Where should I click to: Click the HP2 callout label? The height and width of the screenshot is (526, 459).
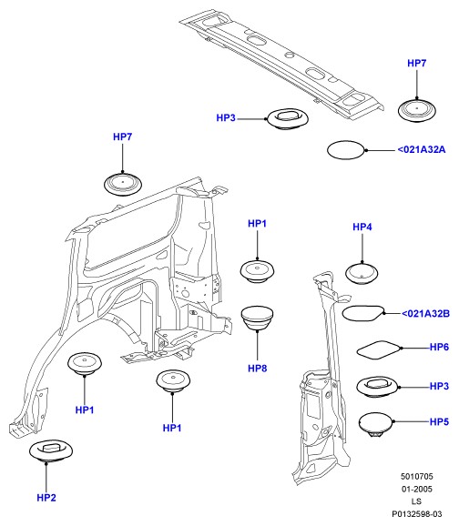[46, 498]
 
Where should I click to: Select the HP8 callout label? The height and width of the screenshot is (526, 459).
[257, 369]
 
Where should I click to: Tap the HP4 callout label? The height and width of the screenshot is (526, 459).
[362, 228]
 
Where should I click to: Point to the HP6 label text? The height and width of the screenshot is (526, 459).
[439, 347]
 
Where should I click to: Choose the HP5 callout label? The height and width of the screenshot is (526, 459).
[439, 421]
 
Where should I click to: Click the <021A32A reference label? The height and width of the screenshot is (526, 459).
[422, 149]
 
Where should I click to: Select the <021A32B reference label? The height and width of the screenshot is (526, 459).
[425, 314]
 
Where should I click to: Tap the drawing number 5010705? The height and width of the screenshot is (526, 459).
[417, 476]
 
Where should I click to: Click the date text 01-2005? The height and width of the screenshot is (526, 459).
[417, 489]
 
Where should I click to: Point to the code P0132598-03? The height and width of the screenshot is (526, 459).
[417, 514]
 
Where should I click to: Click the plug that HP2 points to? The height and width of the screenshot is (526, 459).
[51, 450]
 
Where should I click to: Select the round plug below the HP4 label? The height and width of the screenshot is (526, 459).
[362, 274]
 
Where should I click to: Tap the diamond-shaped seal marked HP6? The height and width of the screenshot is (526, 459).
[379, 350]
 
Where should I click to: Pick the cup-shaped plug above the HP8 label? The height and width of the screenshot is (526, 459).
[257, 318]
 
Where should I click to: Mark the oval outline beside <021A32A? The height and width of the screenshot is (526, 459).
[346, 150]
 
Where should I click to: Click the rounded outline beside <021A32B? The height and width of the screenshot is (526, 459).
[363, 313]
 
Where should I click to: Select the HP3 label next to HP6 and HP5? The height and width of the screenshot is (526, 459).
[439, 386]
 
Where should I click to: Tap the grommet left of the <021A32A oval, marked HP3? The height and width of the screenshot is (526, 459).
[288, 118]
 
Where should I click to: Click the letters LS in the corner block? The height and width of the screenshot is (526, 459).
[416, 501]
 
